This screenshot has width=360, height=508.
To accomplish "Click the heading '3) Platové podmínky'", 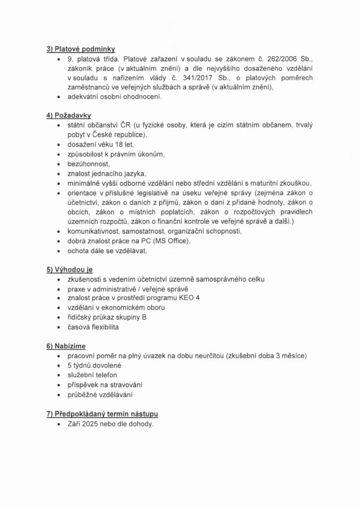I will [x=81, y=49].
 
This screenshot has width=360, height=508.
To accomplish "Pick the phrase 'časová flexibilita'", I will [x=93, y=327].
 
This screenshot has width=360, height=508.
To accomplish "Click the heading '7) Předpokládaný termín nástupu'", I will [x=102, y=414].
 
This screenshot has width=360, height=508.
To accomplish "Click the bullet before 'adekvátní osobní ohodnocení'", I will [x=59, y=97].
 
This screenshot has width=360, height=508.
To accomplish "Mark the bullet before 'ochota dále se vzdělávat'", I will [x=59, y=251].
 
